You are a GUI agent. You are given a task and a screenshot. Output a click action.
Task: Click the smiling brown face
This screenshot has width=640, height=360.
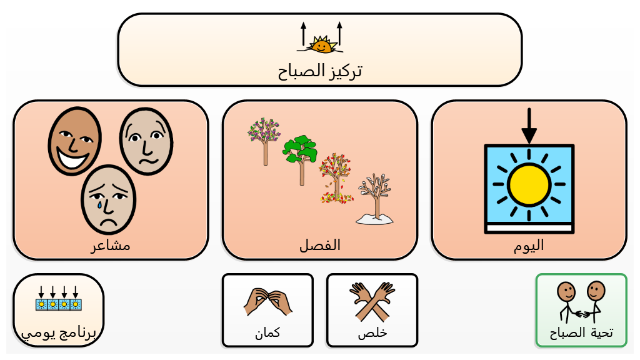[75, 141]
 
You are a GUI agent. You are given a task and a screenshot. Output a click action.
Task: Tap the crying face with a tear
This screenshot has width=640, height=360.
[108, 199]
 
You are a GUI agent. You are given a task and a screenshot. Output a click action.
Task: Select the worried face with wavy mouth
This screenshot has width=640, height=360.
[146, 141]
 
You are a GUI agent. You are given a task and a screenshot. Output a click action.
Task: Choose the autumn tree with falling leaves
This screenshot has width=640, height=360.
[336, 178]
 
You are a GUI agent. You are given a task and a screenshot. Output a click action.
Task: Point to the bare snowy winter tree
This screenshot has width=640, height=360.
[375, 199]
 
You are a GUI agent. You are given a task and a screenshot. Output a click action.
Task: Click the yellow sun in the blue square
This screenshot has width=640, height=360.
[529, 184]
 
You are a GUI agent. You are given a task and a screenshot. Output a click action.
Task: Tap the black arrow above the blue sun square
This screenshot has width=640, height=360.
[529, 126]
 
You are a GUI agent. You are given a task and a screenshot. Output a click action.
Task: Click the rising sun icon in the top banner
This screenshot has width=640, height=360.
[321, 37]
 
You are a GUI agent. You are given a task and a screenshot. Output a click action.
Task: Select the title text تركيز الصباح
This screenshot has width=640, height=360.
[320, 71]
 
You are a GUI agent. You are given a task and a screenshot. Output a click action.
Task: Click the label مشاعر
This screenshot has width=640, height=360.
[111, 245]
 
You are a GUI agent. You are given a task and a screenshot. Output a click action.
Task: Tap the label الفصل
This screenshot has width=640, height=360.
[320, 245]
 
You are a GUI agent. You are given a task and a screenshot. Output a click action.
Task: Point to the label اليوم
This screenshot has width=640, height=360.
[529, 245]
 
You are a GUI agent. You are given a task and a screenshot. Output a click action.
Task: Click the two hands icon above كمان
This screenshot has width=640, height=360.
[267, 302]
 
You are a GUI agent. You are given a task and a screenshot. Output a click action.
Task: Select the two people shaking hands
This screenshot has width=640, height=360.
[581, 302]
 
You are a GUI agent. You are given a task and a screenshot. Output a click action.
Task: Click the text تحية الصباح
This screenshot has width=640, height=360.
[581, 332]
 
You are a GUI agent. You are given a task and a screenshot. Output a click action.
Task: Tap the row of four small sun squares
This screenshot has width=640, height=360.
[58, 299]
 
